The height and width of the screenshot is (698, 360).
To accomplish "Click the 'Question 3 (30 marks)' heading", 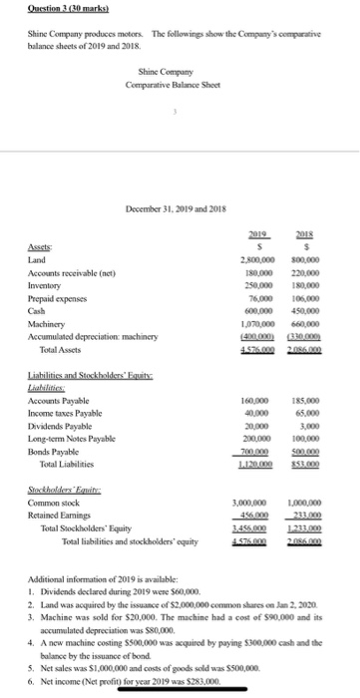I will tap(47, 8).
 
